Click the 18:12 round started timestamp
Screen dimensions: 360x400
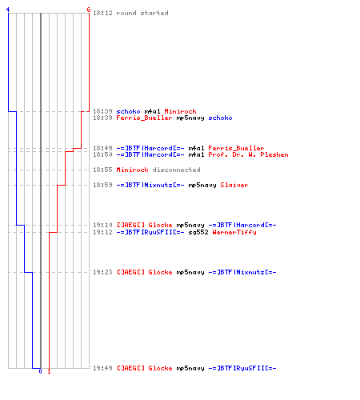click(x=102, y=13)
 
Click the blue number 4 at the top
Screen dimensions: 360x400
click(x=8, y=10)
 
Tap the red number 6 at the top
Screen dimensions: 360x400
click(x=89, y=10)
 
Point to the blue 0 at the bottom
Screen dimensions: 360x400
click(x=40, y=371)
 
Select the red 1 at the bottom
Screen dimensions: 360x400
click(x=49, y=371)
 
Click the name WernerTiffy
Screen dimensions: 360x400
click(x=234, y=232)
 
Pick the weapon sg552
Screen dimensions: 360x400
click(x=198, y=232)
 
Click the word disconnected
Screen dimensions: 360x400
click(x=176, y=170)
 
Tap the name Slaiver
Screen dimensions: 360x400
click(x=234, y=185)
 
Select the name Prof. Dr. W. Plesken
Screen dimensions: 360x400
click(x=248, y=154)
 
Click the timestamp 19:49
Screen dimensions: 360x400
click(x=102, y=368)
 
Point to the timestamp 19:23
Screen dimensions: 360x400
click(x=102, y=272)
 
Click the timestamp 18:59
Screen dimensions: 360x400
click(x=102, y=185)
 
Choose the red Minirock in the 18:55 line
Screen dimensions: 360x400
click(x=132, y=170)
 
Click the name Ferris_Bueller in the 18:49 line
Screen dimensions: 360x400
click(x=236, y=148)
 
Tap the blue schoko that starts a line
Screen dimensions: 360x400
click(x=128, y=111)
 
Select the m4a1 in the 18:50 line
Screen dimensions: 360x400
click(x=196, y=154)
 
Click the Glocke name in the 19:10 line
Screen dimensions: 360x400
click(x=160, y=225)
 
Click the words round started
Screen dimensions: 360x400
click(x=142, y=13)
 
